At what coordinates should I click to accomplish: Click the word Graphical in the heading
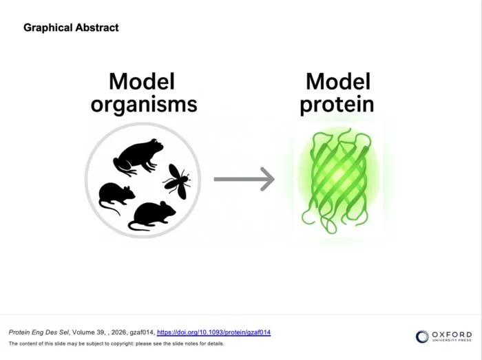[48, 28]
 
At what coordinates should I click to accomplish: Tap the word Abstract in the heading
[97, 28]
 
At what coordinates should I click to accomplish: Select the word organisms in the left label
[144, 105]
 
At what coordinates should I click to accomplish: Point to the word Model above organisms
[142, 81]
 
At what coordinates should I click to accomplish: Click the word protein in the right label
[337, 105]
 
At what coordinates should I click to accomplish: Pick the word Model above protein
[338, 81]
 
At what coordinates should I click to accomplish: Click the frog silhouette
[138, 157]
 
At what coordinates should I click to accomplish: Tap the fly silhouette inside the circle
[177, 181]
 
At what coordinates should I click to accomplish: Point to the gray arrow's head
[268, 179]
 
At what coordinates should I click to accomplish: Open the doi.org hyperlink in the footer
[213, 332]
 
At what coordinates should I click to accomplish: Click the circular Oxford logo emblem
[422, 337]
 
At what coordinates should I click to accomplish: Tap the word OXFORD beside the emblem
[452, 335]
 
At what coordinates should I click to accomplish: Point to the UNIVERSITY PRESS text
[452, 340]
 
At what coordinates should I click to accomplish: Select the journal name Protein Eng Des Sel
[39, 332]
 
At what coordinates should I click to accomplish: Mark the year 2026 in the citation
[118, 332]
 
